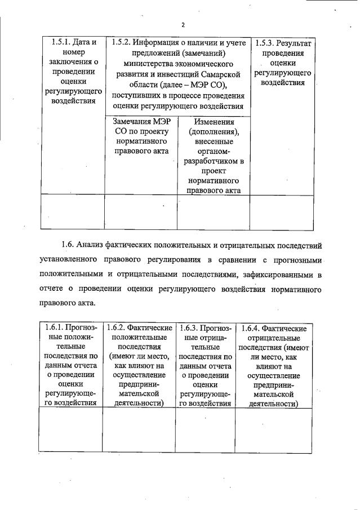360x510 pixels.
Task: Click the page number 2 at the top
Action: pos(183,25)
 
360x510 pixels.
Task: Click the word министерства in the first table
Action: pos(150,64)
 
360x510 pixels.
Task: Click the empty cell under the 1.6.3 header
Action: pos(206,429)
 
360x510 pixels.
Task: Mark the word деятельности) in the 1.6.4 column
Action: pos(273,403)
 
